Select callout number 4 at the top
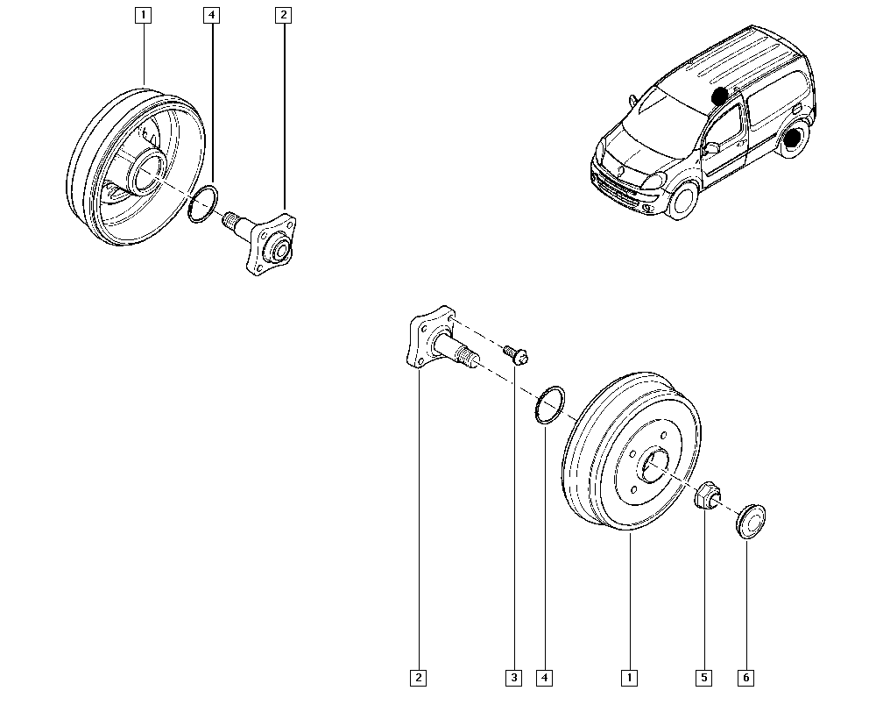210,14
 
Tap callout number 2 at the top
282,14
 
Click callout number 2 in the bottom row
420,677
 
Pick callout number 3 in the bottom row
513,677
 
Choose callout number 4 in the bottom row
544,677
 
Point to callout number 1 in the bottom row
628,677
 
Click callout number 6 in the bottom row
746,677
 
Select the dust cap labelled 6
748,519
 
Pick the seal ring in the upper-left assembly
203,203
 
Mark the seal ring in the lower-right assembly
548,404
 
